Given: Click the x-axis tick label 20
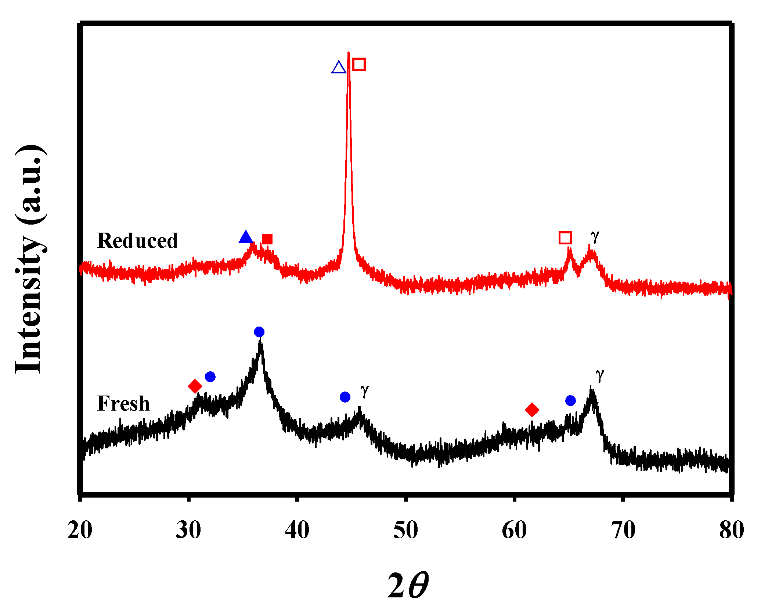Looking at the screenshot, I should pyautogui.click(x=80, y=531).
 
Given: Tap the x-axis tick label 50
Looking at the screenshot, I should pyautogui.click(x=405, y=531).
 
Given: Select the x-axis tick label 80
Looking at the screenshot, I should pyautogui.click(x=731, y=531).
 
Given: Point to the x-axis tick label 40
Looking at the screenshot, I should pyautogui.click(x=297, y=531).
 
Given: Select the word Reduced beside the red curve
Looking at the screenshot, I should pyautogui.click(x=137, y=241).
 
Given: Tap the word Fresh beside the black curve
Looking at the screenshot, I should pyautogui.click(x=123, y=404).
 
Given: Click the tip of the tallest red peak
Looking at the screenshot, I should pyautogui.click(x=348, y=53).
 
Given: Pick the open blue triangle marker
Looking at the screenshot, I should pyautogui.click(x=339, y=68).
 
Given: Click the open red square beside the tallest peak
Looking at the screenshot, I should pyautogui.click(x=359, y=64).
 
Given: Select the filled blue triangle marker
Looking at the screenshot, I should pyautogui.click(x=246, y=237).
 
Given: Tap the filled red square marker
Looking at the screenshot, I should pyautogui.click(x=267, y=239).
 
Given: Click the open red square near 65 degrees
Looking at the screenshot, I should pyautogui.click(x=565, y=238).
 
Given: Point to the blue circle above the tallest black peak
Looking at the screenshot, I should pyautogui.click(x=259, y=332).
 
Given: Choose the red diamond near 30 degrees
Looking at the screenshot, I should pyautogui.click(x=195, y=386).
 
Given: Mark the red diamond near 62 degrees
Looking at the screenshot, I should pyautogui.click(x=532, y=410).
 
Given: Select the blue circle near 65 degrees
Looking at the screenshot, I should pyautogui.click(x=570, y=400).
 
